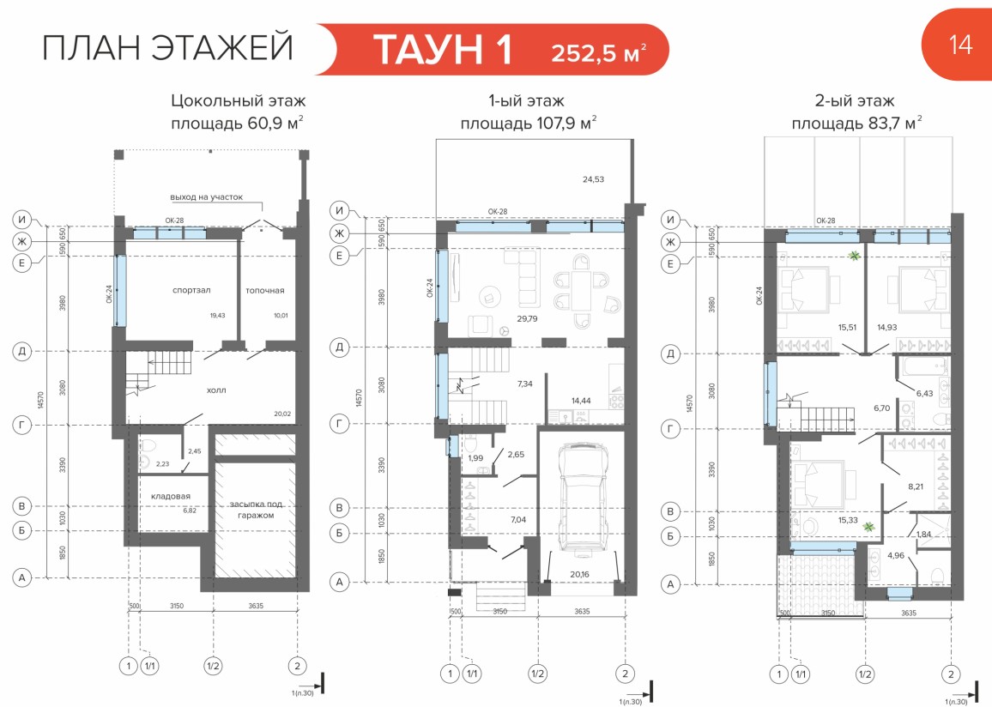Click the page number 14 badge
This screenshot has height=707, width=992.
point(959,45)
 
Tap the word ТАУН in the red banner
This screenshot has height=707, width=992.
point(442,49)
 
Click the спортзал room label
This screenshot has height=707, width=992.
point(191,290)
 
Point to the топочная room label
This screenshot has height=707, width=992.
point(265,290)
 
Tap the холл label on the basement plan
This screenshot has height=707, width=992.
point(216,390)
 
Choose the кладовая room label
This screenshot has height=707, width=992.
point(171,497)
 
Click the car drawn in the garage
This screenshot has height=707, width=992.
point(582,499)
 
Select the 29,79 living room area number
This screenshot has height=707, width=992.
point(527,318)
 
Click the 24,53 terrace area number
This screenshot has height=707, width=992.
point(594,179)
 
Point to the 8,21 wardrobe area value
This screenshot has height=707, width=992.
point(916,487)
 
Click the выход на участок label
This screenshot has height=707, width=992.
point(206,197)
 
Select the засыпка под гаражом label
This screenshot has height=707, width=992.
point(256,510)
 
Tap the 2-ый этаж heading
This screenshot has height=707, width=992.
point(855,101)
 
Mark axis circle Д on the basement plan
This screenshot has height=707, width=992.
point(22,351)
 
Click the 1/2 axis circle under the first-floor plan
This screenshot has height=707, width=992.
point(538,674)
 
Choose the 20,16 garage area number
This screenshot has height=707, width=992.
point(579,574)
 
